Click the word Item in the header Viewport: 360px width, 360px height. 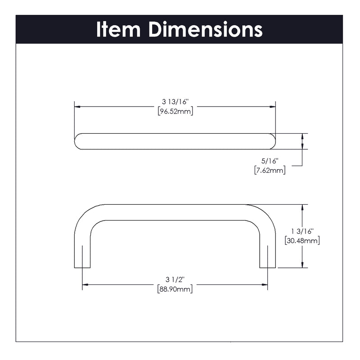(118, 29)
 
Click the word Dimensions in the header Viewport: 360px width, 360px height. (206, 29)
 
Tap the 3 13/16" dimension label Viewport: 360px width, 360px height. (175, 102)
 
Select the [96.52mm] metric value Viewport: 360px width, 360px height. (175, 112)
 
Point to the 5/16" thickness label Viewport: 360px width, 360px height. (270, 161)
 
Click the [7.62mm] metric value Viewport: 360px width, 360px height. (270, 171)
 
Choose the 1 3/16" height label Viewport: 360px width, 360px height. (302, 231)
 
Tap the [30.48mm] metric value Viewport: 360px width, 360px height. (302, 241)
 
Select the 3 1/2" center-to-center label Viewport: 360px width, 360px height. (175, 279)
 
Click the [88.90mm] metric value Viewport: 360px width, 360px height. (175, 289)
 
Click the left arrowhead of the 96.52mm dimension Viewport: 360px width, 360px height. (77, 107)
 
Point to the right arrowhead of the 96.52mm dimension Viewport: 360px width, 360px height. (273, 107)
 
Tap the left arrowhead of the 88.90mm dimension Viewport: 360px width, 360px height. (85, 285)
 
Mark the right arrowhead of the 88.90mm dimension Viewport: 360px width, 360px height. (265, 285)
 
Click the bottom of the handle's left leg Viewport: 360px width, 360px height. (82, 267)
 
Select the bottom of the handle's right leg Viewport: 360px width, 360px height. (267, 267)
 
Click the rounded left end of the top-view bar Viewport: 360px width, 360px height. (77, 141)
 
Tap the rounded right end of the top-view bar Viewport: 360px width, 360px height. (272, 141)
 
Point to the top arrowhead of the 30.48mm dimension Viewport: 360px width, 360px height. (302, 207)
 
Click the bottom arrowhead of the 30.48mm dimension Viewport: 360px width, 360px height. (302, 265)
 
